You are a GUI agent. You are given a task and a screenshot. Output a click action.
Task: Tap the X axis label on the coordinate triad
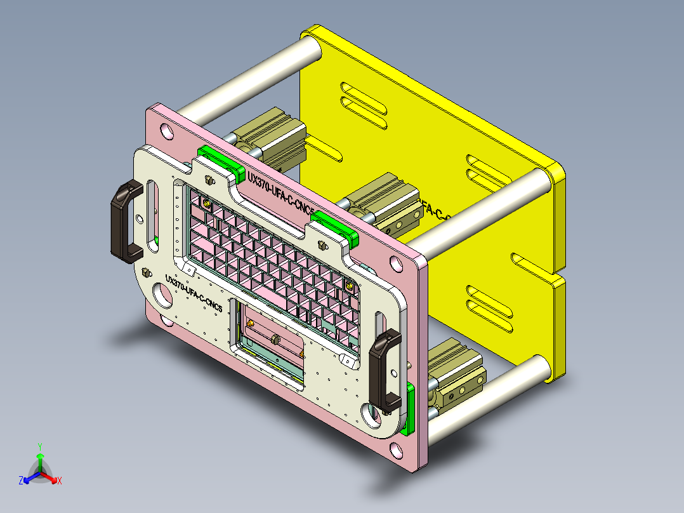pyautogui.click(x=60, y=481)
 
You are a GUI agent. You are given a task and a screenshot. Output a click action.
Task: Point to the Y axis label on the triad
pyautogui.click(x=39, y=446)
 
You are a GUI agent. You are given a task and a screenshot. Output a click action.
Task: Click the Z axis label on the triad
pyautogui.click(x=21, y=481)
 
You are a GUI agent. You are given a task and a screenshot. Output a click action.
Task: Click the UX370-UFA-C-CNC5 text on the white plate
pyautogui.click(x=193, y=293)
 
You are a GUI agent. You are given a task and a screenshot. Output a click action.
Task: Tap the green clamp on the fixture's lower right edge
pyautogui.click(x=411, y=410)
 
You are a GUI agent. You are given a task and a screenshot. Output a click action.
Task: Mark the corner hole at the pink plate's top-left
pyautogui.click(x=167, y=132)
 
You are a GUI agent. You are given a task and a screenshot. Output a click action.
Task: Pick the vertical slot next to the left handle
pyautogui.click(x=154, y=206)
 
